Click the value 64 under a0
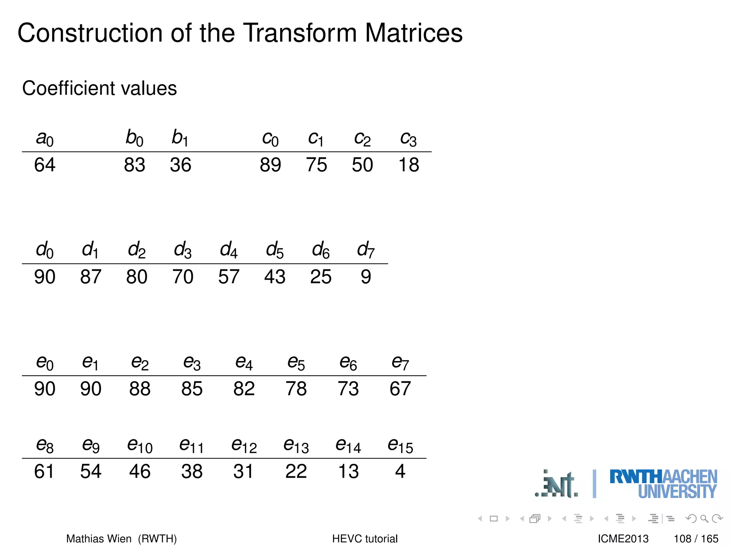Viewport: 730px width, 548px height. pyautogui.click(x=45, y=165)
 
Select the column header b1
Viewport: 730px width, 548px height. pyautogui.click(x=180, y=138)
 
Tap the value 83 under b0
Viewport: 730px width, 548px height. pyautogui.click(x=134, y=165)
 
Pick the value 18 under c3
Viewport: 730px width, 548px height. pyautogui.click(x=408, y=165)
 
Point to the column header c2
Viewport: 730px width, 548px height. pyautogui.click(x=362, y=138)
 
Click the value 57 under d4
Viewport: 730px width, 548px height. pyautogui.click(x=228, y=277)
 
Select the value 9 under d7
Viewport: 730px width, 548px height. pyautogui.click(x=366, y=277)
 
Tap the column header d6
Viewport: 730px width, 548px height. pyautogui.click(x=320, y=249)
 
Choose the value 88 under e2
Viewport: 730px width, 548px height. pyautogui.click(x=140, y=389)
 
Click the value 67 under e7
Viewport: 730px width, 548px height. pyautogui.click(x=400, y=389)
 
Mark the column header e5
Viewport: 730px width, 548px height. pyautogui.click(x=296, y=363)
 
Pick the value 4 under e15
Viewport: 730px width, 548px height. pyautogui.click(x=400, y=471)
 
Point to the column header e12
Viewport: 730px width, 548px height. pyautogui.click(x=244, y=446)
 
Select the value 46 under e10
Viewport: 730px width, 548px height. pyautogui.click(x=140, y=471)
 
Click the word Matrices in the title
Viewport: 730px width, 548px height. pyautogui.click(x=413, y=33)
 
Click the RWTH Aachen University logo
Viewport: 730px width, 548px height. pyautogui.click(x=663, y=484)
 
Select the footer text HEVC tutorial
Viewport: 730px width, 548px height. pyautogui.click(x=365, y=538)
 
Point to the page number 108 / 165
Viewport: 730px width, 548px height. pyautogui.click(x=696, y=538)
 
